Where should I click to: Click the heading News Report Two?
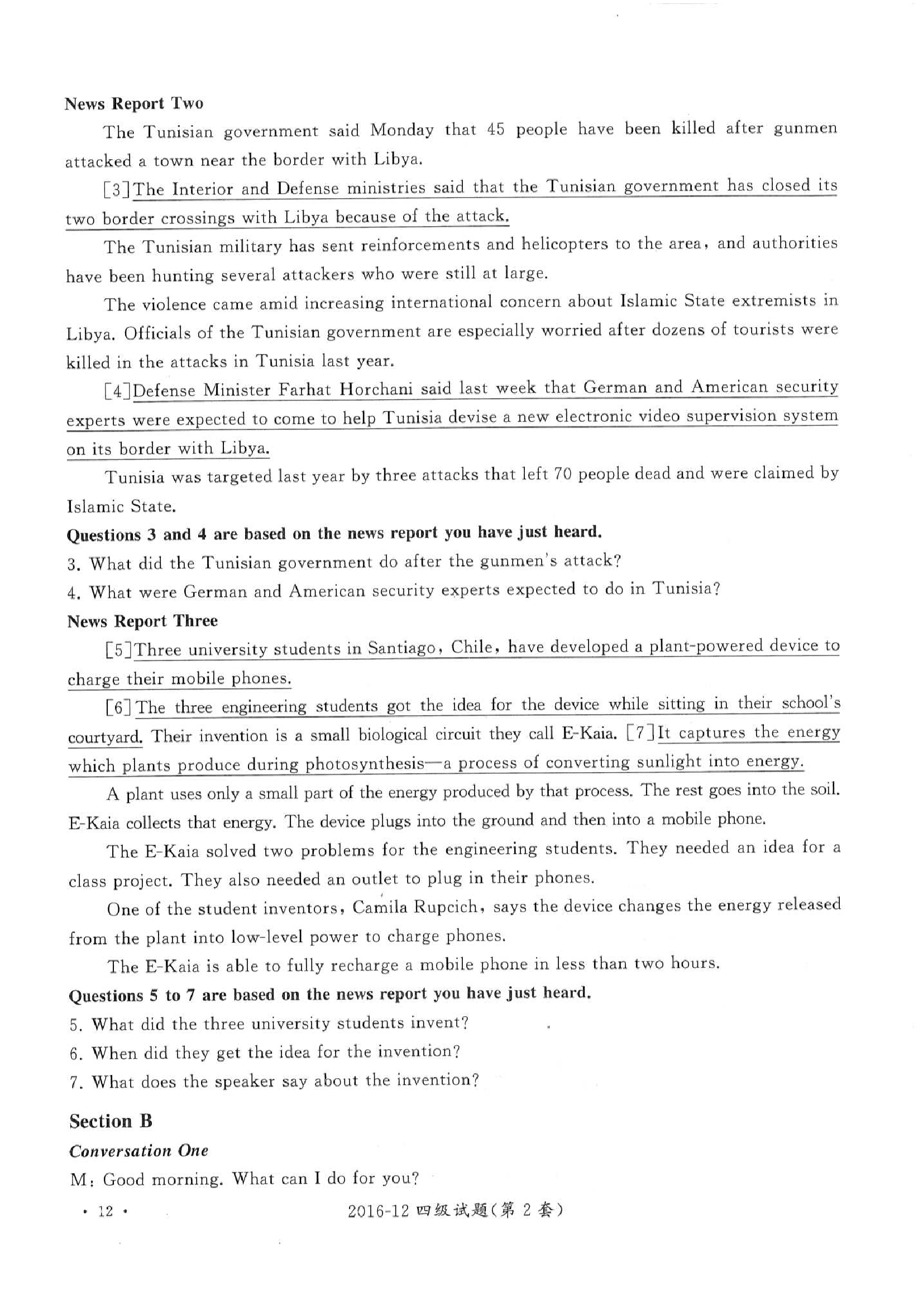pyautogui.click(x=133, y=103)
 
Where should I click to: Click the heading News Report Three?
pyautogui.click(x=142, y=620)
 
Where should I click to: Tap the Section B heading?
pyautogui.click(x=111, y=1121)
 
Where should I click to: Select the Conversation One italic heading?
pyautogui.click(x=138, y=1151)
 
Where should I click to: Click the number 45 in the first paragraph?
pyautogui.click(x=495, y=130)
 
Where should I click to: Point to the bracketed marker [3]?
pyautogui.click(x=117, y=189)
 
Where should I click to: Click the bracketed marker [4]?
pyautogui.click(x=118, y=391)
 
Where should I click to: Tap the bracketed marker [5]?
pyautogui.click(x=119, y=649)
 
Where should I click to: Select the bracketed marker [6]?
pyautogui.click(x=119, y=707)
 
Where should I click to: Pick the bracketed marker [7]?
pyautogui.click(x=641, y=733)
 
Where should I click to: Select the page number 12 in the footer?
pyautogui.click(x=105, y=1211)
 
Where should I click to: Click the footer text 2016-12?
pyautogui.click(x=378, y=1211)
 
